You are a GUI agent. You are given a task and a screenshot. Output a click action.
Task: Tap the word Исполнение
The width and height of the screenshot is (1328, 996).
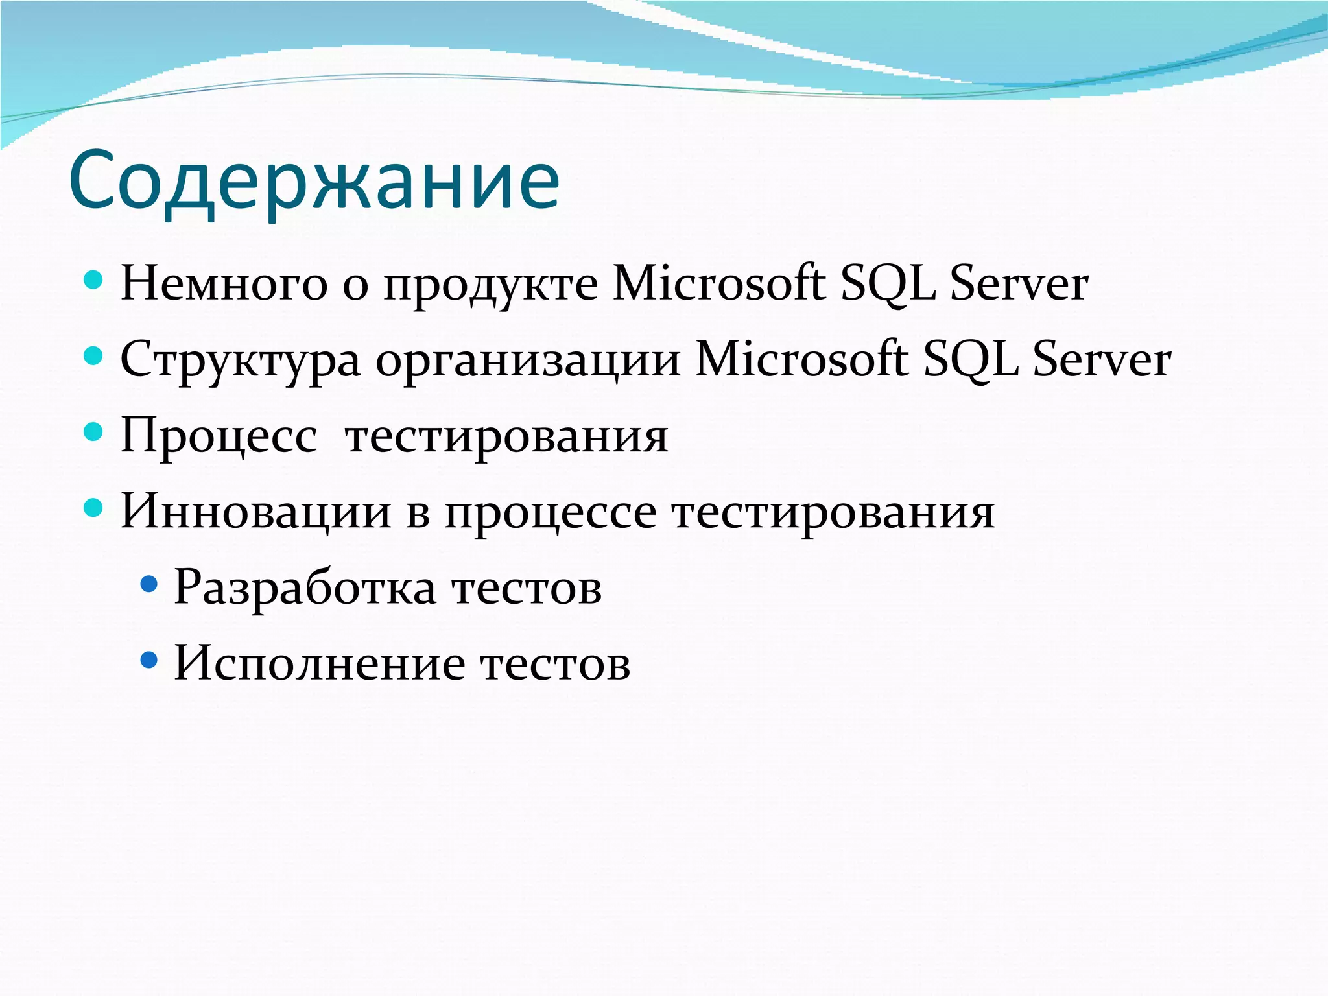click(320, 663)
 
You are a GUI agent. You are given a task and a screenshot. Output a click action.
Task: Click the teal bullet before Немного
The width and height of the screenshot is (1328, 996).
click(94, 281)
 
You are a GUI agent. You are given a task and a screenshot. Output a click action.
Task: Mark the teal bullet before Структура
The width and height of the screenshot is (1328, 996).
click(94, 357)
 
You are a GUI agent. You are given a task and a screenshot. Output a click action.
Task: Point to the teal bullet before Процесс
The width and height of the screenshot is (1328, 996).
click(94, 433)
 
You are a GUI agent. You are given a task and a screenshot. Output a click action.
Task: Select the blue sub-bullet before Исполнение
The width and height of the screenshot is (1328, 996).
click(149, 660)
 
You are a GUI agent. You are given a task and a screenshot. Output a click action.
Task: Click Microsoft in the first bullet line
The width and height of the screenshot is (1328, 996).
click(718, 284)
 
